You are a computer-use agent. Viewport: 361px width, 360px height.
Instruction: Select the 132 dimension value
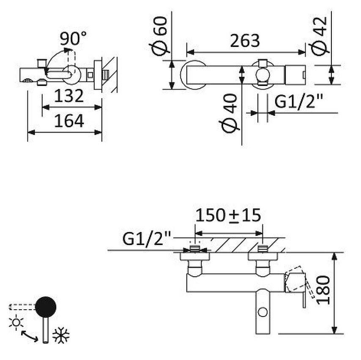coord(69,96)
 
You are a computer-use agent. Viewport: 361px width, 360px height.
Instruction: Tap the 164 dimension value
coord(69,121)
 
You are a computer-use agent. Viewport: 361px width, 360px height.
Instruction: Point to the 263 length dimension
coord(245,41)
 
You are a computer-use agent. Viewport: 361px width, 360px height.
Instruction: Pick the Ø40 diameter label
coord(228,112)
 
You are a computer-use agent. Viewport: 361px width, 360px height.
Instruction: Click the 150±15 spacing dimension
coord(228,215)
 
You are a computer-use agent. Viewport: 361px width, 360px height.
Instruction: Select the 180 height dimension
coord(323,290)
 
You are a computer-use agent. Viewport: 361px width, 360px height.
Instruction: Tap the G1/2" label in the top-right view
coord(298,101)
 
